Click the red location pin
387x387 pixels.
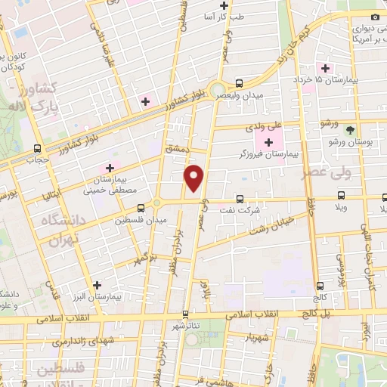click(194, 178)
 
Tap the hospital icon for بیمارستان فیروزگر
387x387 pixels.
click(268, 142)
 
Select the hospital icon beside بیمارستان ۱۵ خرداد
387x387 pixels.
click(324, 69)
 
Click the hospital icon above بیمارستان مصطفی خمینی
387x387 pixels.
click(110, 168)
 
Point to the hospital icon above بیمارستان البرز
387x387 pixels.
click(96, 286)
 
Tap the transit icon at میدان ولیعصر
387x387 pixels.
click(240, 84)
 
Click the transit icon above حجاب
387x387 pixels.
click(38, 149)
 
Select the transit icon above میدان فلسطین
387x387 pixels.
click(141, 209)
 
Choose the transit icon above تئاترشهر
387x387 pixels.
click(185, 314)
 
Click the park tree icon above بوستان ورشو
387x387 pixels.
click(349, 130)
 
